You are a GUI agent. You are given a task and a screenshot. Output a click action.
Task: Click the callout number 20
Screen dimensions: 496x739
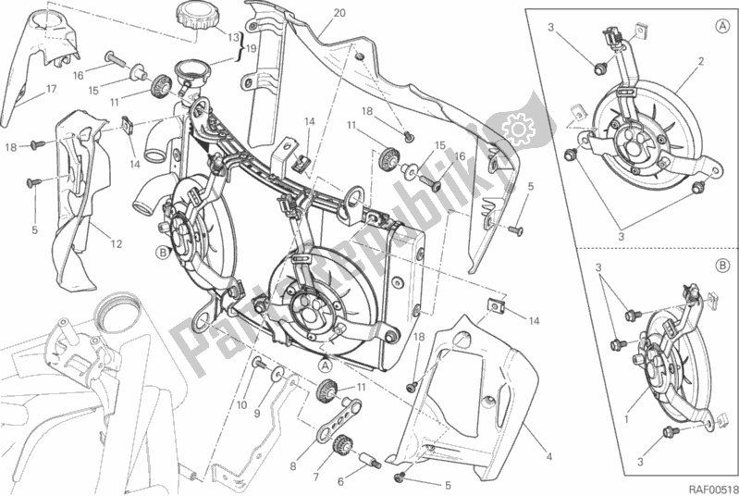point(314,13)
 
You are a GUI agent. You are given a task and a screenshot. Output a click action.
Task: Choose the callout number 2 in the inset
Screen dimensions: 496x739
point(702,61)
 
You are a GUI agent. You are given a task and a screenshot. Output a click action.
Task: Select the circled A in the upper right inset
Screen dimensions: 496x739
point(721,27)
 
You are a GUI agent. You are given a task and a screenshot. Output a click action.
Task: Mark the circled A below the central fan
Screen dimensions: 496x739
point(326,365)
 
